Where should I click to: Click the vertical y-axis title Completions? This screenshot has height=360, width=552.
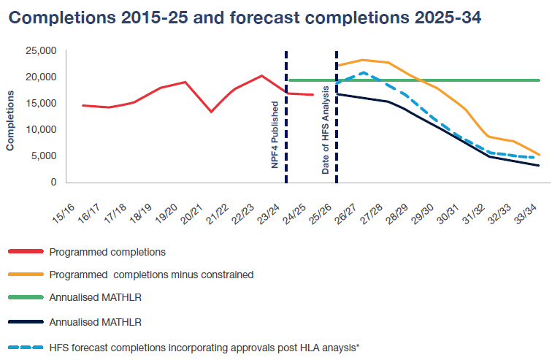pos(10,121)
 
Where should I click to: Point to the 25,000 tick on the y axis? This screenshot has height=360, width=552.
pos(41,51)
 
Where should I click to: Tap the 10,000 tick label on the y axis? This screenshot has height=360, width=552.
pos(41,129)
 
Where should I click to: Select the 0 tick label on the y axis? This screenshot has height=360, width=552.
pos(54,182)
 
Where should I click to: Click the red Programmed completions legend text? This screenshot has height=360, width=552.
pos(107,252)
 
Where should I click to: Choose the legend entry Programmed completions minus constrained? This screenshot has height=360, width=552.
pos(151,275)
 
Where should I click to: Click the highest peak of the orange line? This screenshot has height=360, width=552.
pos(363,60)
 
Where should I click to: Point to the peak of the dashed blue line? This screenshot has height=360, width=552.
pos(363,72)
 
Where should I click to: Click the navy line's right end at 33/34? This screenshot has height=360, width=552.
pos(539,166)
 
